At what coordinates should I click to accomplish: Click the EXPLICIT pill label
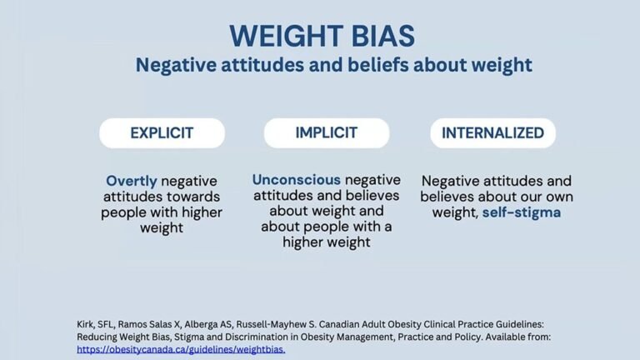pos(162,132)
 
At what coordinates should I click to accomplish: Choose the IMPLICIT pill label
pos(327,132)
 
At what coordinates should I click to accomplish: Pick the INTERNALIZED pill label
pos(492,132)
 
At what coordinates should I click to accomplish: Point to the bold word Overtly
pos(132,181)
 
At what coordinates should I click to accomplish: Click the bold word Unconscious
pos(296,180)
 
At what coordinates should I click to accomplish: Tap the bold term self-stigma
pos(521,212)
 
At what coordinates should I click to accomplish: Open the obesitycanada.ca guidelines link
pos(181,349)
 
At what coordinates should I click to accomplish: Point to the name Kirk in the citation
pos(87,322)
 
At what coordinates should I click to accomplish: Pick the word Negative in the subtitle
pos(171,65)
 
